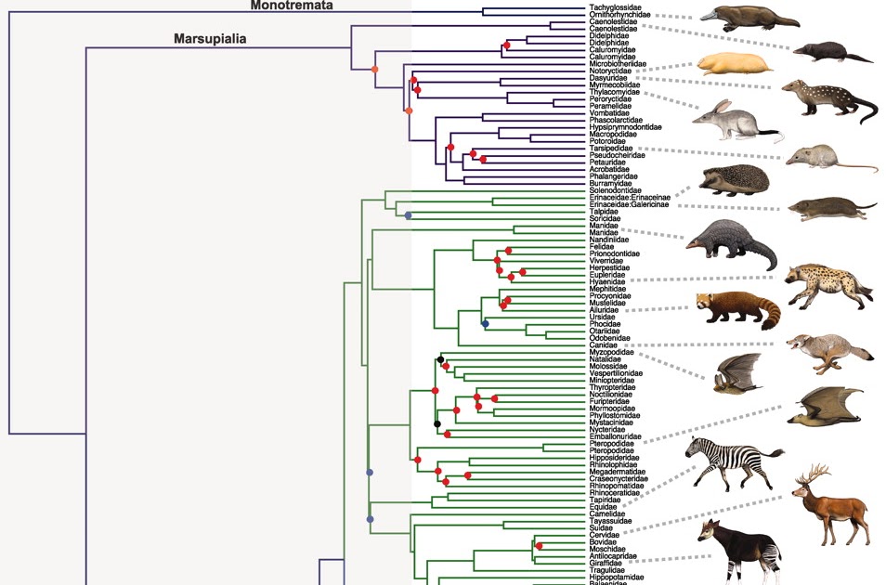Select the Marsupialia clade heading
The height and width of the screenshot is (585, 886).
(215, 40)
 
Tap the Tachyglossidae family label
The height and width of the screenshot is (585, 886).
(616, 8)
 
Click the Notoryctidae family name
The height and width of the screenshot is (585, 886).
(611, 71)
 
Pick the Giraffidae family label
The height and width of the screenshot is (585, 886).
(607, 562)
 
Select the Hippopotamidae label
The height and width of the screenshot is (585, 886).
(617, 578)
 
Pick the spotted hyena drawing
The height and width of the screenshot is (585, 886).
(826, 282)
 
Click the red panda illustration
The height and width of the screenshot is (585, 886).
(738, 309)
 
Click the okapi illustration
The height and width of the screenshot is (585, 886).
(743, 548)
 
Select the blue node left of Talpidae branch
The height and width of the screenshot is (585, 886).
(408, 215)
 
